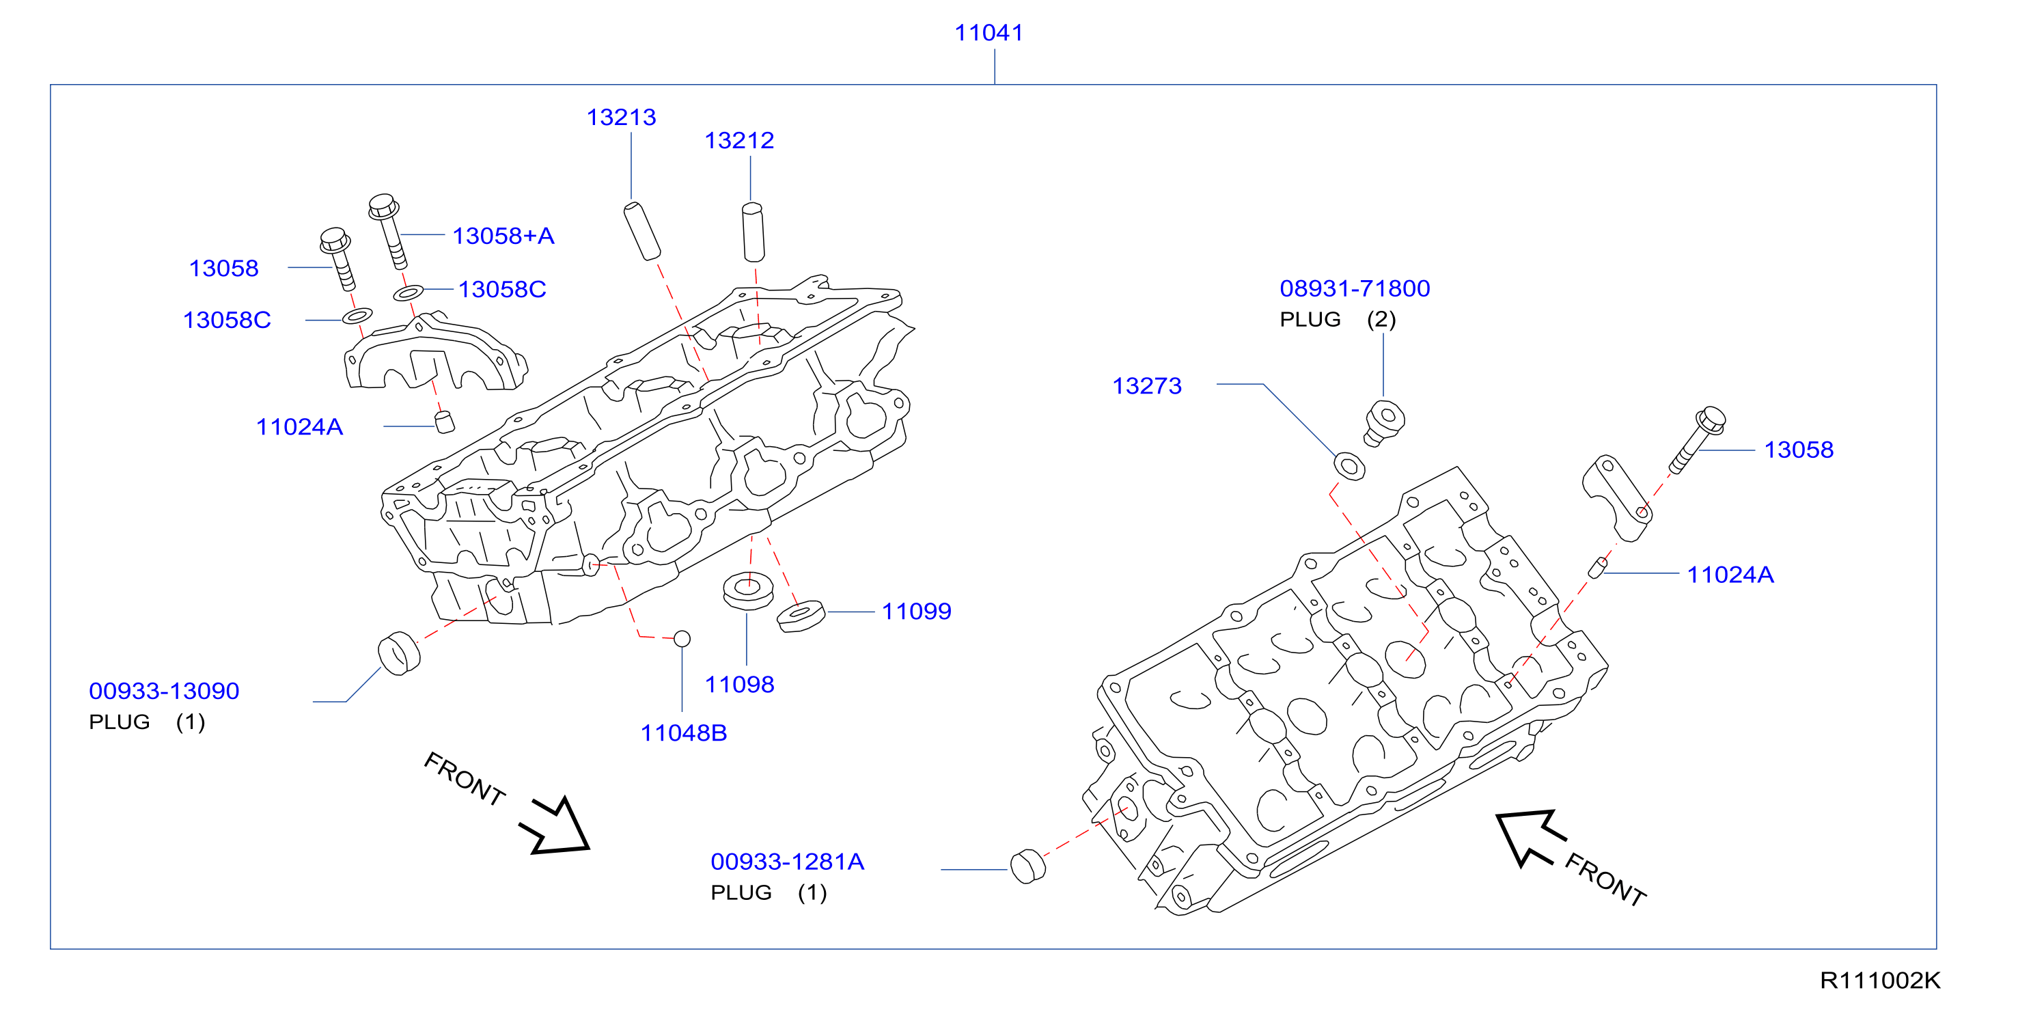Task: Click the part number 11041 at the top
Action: (x=989, y=33)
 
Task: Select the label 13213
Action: (x=621, y=118)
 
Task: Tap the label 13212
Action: (x=738, y=140)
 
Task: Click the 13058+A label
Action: (x=503, y=236)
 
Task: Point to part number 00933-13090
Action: (x=164, y=691)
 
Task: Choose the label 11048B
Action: (x=684, y=733)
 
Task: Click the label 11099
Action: (x=917, y=612)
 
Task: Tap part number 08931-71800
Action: (x=1355, y=288)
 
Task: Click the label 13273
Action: (x=1147, y=385)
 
